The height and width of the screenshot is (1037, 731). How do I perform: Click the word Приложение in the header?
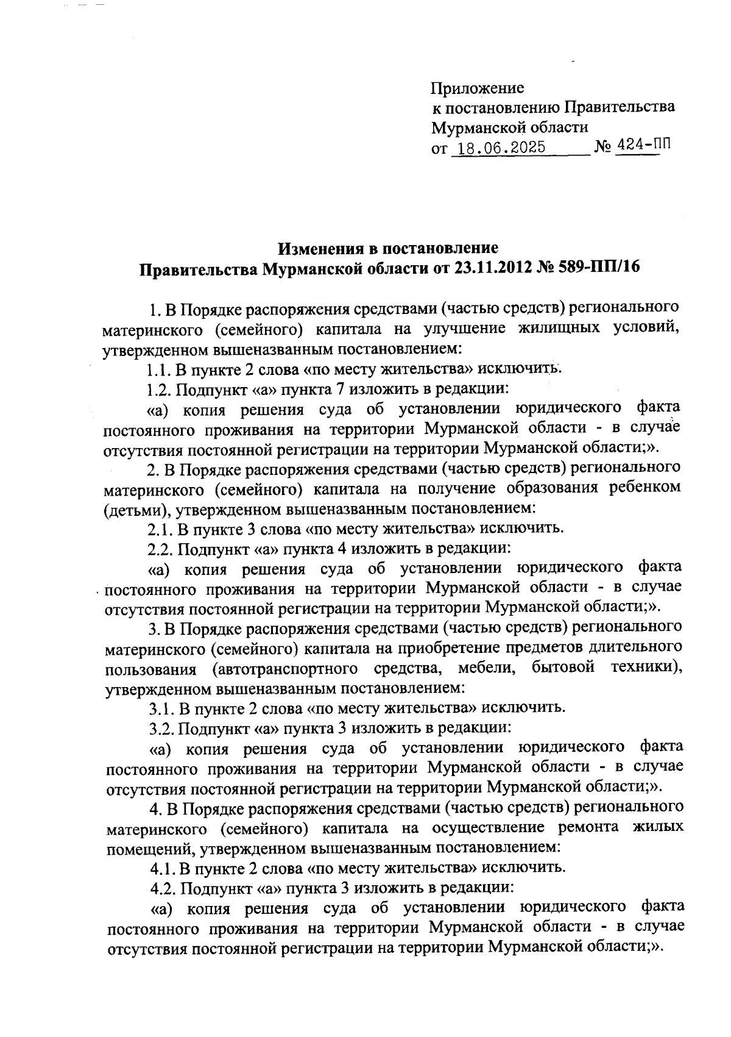point(478,88)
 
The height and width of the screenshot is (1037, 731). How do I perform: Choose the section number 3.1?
point(161,708)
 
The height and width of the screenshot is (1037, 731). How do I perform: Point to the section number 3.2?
point(162,728)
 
